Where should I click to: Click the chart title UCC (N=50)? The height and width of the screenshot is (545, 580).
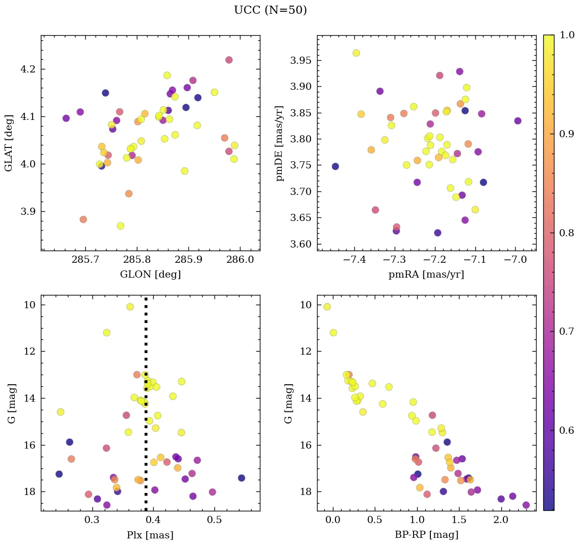pyautogui.click(x=270, y=10)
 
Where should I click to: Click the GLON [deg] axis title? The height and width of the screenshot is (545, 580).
pyautogui.click(x=150, y=275)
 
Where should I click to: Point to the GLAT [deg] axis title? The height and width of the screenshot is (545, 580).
pyautogui.click(x=9, y=143)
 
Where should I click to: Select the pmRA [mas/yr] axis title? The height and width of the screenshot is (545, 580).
pyautogui.click(x=426, y=275)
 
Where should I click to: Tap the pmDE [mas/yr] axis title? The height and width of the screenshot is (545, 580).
pyautogui.click(x=280, y=143)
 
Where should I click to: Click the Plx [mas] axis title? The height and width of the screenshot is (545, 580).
pyautogui.click(x=150, y=535)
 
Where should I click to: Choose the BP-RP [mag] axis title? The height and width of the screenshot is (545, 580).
pyautogui.click(x=426, y=535)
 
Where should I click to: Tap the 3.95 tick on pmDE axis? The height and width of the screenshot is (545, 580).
pyautogui.click(x=301, y=61)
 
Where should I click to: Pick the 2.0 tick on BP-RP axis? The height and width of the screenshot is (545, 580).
pyautogui.click(x=501, y=521)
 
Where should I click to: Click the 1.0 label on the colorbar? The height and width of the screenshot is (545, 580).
pyautogui.click(x=566, y=36)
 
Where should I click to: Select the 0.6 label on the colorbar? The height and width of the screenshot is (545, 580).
pyautogui.click(x=566, y=430)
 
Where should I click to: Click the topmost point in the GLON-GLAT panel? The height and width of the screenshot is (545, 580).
pyautogui.click(x=229, y=60)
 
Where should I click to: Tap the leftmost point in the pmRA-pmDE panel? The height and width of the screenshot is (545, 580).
pyautogui.click(x=335, y=166)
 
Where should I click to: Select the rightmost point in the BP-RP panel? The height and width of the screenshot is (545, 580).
pyautogui.click(x=526, y=505)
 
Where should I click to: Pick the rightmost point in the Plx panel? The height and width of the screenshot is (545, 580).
pyautogui.click(x=241, y=478)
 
